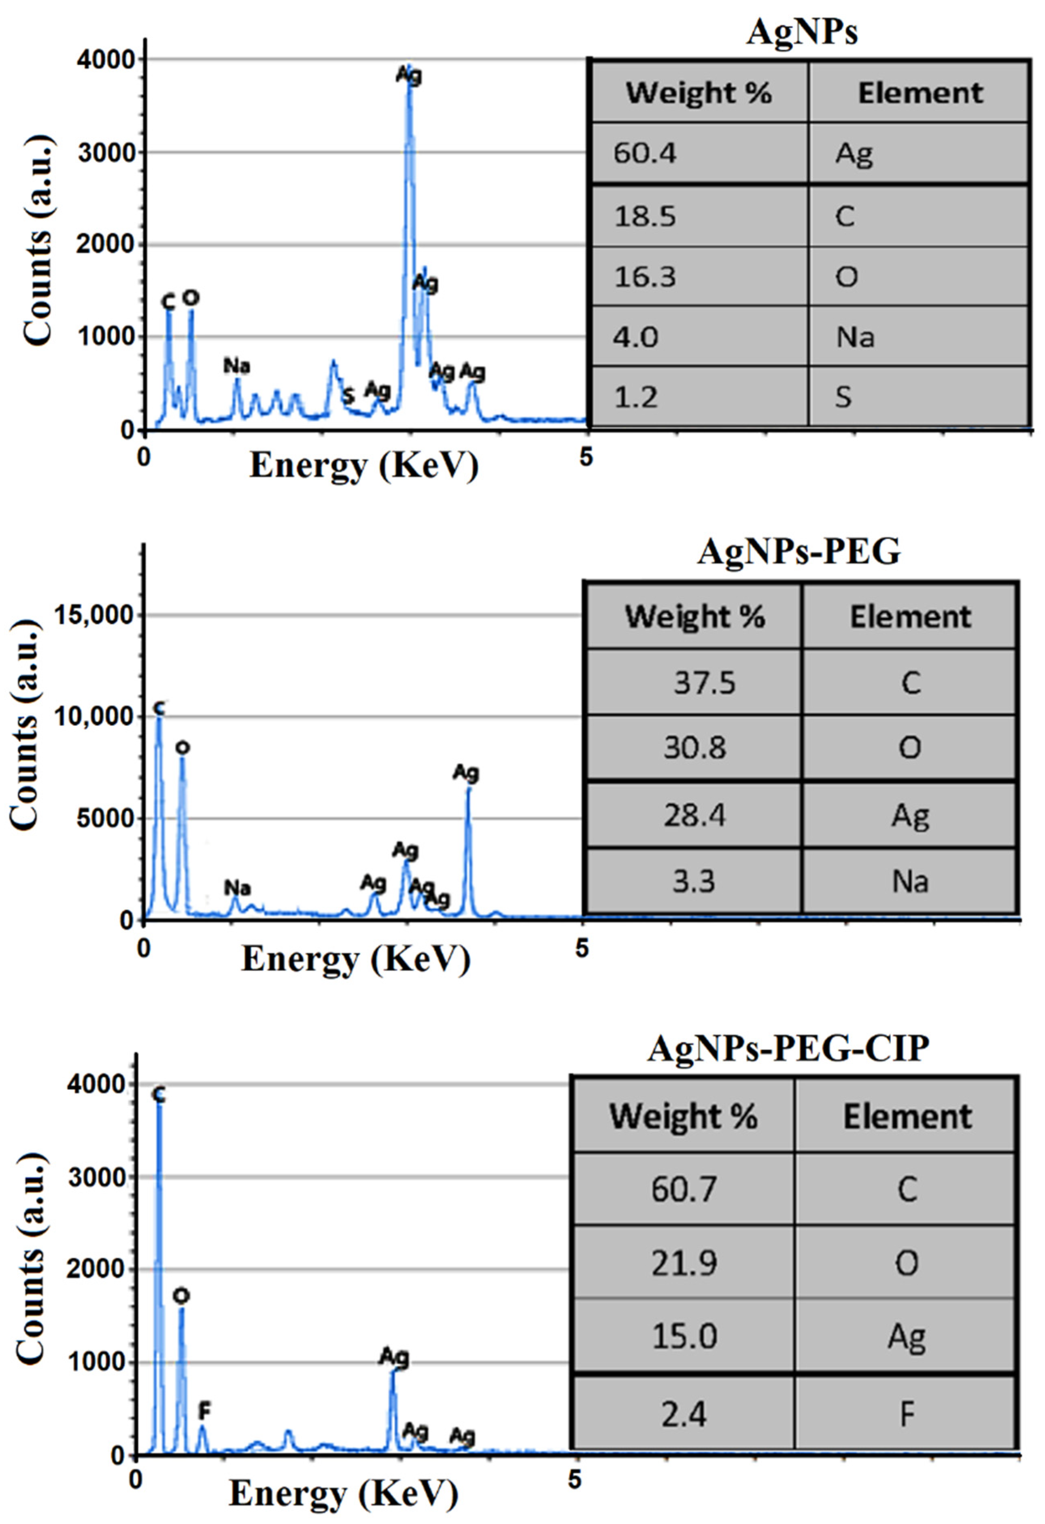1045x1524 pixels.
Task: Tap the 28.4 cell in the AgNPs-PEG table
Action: click(694, 816)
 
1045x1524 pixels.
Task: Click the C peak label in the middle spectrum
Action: click(159, 708)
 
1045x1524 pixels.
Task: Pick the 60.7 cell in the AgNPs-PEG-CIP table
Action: click(684, 1189)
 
